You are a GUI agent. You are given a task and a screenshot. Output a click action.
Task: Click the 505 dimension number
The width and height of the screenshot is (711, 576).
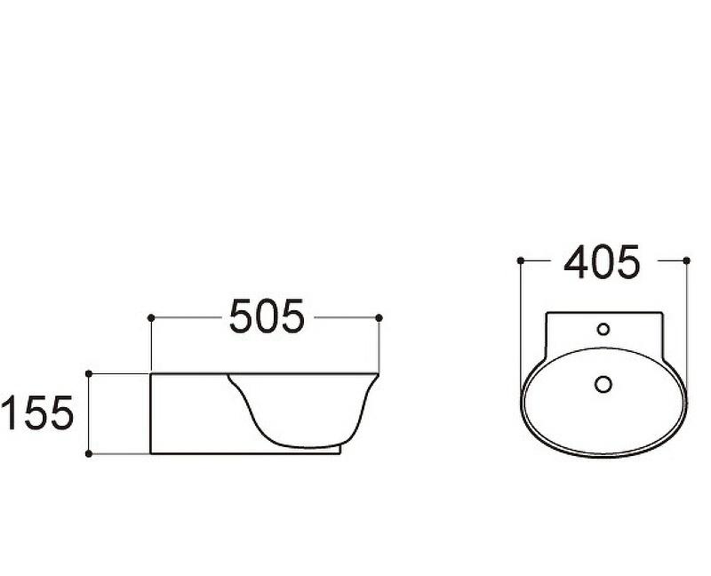pyautogui.click(x=267, y=317)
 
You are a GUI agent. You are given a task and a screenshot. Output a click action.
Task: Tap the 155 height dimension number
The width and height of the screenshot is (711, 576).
pyautogui.click(x=36, y=414)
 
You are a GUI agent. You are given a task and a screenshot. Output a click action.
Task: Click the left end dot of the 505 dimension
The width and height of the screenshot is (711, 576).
pyautogui.click(x=152, y=317)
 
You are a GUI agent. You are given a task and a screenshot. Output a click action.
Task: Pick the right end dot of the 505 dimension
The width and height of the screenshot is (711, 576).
pyautogui.click(x=379, y=317)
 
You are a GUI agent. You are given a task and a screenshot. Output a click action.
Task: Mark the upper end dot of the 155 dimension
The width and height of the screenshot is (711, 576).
pyautogui.click(x=89, y=374)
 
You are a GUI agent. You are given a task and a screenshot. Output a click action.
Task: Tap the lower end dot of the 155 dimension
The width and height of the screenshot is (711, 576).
pyautogui.click(x=89, y=453)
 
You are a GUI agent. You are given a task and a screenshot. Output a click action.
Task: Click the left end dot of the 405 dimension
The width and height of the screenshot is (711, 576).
pyautogui.click(x=520, y=260)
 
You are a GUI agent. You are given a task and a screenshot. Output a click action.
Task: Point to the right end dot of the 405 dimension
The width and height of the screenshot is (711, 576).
pyautogui.click(x=687, y=260)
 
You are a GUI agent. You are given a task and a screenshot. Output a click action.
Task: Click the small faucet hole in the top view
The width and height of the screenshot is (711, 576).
pyautogui.click(x=603, y=329)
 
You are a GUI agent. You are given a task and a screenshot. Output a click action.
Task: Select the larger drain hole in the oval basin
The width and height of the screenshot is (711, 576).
pyautogui.click(x=603, y=384)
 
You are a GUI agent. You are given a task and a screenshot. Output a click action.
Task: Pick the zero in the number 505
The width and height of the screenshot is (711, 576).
pyautogui.click(x=268, y=317)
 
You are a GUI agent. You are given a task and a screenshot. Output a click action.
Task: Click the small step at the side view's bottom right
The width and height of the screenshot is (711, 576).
pyautogui.click(x=340, y=450)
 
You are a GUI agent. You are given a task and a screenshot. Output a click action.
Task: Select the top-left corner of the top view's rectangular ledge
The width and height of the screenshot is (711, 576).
pyautogui.click(x=546, y=312)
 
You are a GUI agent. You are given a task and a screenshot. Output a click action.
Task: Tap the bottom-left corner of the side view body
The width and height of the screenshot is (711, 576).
pyautogui.click(x=152, y=453)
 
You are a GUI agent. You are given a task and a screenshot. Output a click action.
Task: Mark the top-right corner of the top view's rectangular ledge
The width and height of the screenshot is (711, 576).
pyautogui.click(x=661, y=312)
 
